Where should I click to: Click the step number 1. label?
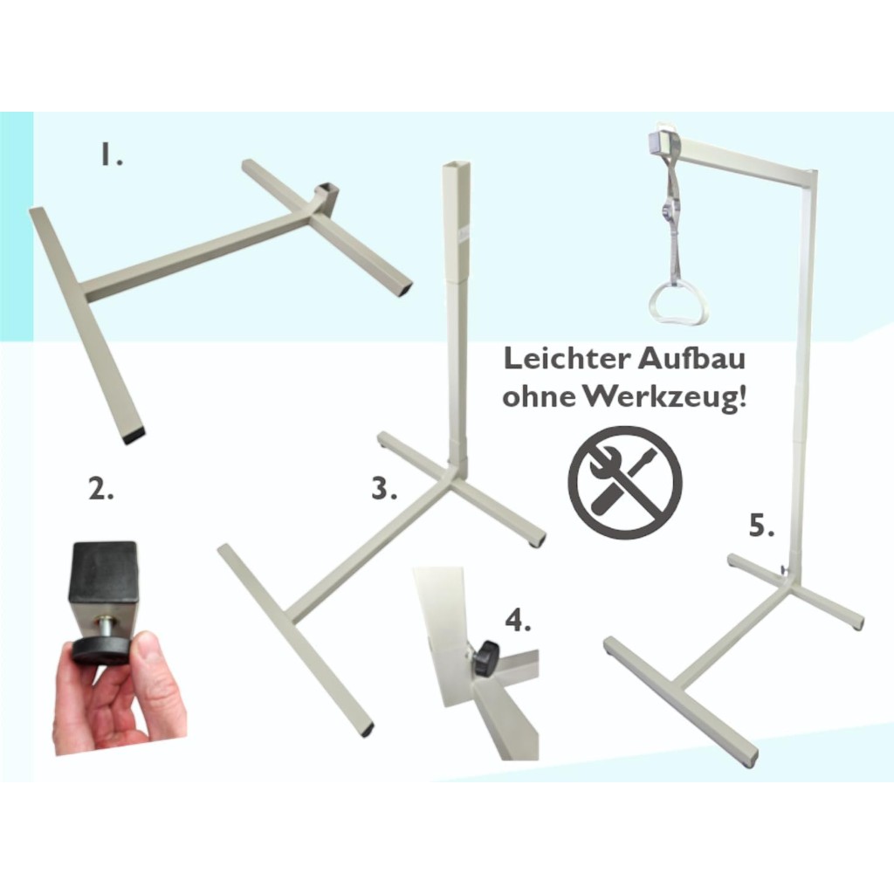pyautogui.click(x=112, y=155)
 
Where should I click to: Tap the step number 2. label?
pyautogui.click(x=101, y=489)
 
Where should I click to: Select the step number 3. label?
pyautogui.click(x=384, y=489)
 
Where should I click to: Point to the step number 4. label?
pyautogui.click(x=519, y=620)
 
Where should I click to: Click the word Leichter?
pyautogui.click(x=567, y=359)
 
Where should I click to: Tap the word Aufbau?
pyautogui.click(x=691, y=359)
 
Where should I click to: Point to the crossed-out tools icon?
pyautogui.click(x=625, y=483)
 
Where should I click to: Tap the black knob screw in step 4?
pyautogui.click(x=487, y=659)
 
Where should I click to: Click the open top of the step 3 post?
pyautogui.click(x=457, y=166)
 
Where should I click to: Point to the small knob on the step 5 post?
pyautogui.click(x=786, y=569)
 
